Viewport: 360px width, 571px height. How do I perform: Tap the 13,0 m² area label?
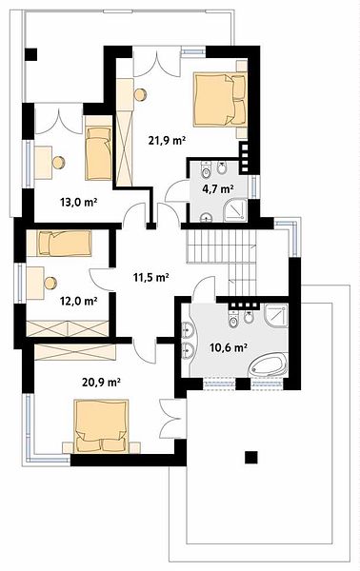[x=78, y=202]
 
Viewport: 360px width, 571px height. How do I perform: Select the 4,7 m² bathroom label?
[x=218, y=189]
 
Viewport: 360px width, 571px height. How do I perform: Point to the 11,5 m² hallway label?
[x=150, y=278]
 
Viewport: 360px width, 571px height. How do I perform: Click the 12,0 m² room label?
[x=78, y=301]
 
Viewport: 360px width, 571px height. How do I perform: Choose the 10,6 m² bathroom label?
[x=229, y=347]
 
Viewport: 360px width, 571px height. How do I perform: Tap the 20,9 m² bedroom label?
[x=102, y=382]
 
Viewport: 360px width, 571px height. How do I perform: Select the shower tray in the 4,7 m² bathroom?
[x=235, y=210]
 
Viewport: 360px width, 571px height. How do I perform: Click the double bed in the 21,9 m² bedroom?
[x=220, y=100]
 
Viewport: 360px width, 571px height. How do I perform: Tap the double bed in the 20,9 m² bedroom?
[x=101, y=426]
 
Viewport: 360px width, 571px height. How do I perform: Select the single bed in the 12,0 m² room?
[x=65, y=244]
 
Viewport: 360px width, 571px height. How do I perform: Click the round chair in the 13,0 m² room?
[x=58, y=163]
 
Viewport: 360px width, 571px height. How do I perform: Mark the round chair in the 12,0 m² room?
[x=50, y=283]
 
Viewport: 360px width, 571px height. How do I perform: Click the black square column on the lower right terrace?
[x=251, y=457]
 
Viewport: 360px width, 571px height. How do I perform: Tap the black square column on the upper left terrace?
[x=31, y=54]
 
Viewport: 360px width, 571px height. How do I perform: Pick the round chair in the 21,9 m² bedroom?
[x=140, y=94]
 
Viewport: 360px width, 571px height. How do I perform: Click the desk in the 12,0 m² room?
[x=35, y=283]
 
